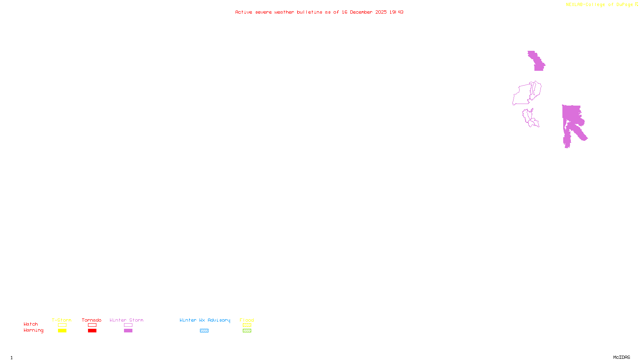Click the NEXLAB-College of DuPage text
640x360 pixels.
[599, 5]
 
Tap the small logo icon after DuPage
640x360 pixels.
[636, 4]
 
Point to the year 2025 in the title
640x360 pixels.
[381, 12]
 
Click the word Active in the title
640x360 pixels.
[243, 12]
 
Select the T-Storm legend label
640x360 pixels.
[62, 320]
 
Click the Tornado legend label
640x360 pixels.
[92, 320]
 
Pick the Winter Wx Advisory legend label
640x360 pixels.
[205, 320]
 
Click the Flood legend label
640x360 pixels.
[247, 320]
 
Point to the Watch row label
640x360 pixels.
[31, 324]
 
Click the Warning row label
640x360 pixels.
[33, 330]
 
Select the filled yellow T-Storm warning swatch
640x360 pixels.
[62, 331]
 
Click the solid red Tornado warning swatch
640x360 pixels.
[92, 331]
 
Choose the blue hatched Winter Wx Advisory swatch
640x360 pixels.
[204, 331]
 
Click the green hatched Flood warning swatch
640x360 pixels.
[247, 331]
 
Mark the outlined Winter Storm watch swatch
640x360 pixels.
[128, 325]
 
